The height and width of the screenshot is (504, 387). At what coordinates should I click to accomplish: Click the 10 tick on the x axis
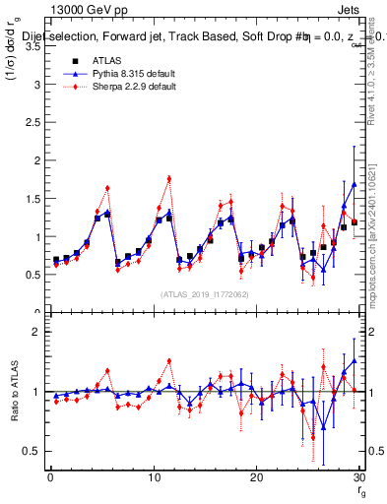pyautogui.click(x=153, y=477)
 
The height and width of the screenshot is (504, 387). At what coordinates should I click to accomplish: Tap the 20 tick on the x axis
pyautogui.click(x=256, y=477)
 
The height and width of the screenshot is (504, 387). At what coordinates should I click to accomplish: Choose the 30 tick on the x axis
pyautogui.click(x=358, y=477)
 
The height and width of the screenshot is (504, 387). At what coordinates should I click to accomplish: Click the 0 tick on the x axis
pyautogui.click(x=50, y=477)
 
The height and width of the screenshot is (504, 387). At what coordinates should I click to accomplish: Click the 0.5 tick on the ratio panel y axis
pyautogui.click(x=36, y=451)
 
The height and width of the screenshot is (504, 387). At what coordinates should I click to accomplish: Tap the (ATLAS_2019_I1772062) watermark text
pyautogui.click(x=204, y=294)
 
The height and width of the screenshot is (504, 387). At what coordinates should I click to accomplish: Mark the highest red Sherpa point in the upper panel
pyautogui.click(x=169, y=178)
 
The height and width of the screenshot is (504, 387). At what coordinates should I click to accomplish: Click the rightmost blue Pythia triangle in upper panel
pyautogui.click(x=355, y=184)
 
